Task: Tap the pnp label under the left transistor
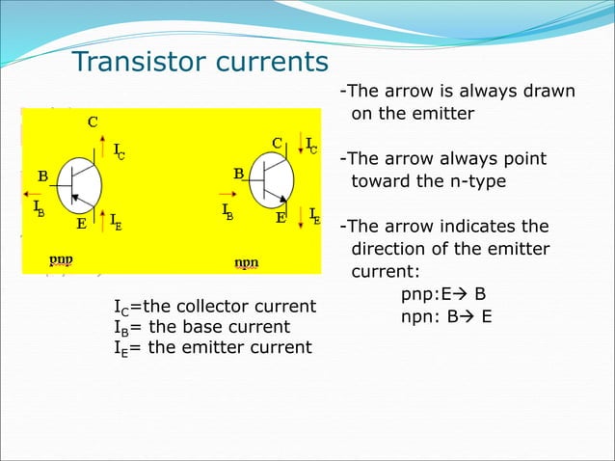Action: [x=62, y=259]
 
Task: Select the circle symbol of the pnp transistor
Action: [x=79, y=187]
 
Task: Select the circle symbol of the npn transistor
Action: [x=271, y=180]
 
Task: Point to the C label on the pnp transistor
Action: [x=93, y=122]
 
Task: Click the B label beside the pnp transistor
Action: [x=43, y=176]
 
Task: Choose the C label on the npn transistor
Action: [x=277, y=143]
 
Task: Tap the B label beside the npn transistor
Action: [x=238, y=174]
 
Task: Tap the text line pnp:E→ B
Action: [x=443, y=293]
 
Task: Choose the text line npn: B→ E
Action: [x=446, y=315]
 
